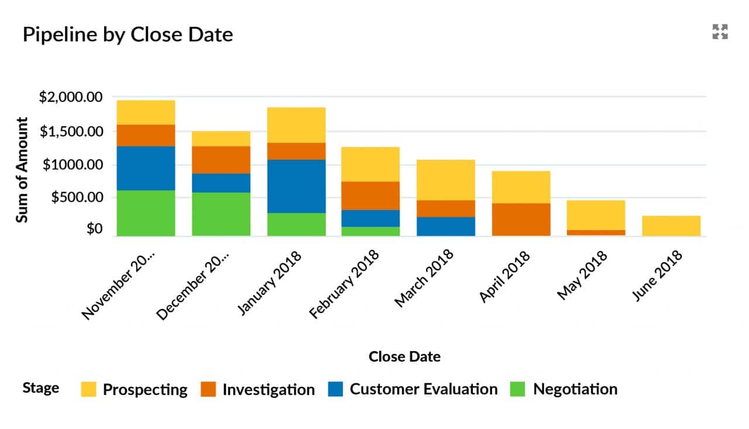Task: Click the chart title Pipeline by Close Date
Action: click(x=128, y=35)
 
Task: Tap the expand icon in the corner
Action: click(x=720, y=32)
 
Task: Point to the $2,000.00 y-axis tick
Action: click(x=70, y=97)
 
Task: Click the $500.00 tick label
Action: click(x=77, y=198)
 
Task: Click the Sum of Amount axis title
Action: click(x=22, y=170)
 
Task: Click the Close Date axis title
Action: click(x=404, y=356)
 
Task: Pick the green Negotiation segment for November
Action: click(x=146, y=213)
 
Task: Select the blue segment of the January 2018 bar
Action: click(x=296, y=186)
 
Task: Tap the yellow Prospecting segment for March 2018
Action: click(x=446, y=180)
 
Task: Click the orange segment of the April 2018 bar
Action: click(x=521, y=219)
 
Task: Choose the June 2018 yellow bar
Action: click(x=671, y=226)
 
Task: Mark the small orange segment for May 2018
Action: click(x=596, y=233)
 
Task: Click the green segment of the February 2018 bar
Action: click(x=371, y=231)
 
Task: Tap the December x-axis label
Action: click(x=194, y=286)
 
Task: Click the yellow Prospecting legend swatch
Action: click(x=88, y=389)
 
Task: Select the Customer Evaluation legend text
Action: click(x=424, y=389)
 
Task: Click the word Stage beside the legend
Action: click(x=40, y=388)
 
